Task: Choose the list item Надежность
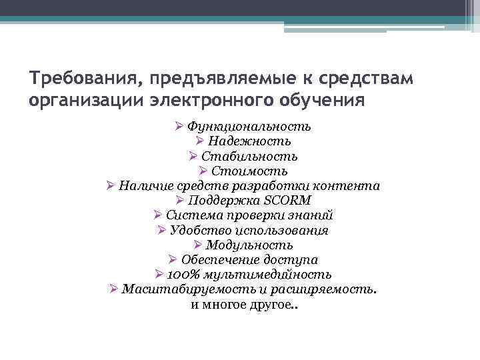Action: click(249, 141)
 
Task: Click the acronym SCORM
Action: click(289, 201)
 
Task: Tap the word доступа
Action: click(293, 260)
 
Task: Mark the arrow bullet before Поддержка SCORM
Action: click(181, 200)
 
